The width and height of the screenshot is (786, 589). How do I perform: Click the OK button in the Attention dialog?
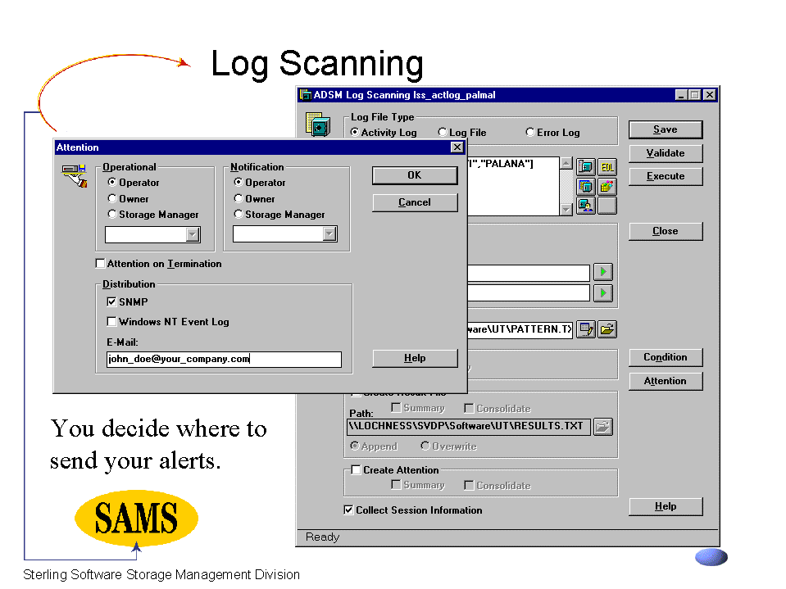pos(414,175)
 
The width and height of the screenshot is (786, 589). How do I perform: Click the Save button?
pos(665,129)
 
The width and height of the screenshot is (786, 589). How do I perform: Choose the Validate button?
pos(665,153)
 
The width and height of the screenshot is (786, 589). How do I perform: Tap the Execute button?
pos(665,176)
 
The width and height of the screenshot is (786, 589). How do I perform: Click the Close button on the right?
pos(665,231)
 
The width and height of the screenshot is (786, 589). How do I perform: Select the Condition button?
pos(665,357)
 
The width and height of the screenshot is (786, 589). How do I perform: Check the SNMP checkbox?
pos(112,301)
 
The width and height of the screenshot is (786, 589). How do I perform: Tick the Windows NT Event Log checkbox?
pos(112,322)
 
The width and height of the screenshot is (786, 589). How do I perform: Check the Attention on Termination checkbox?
pos(101,264)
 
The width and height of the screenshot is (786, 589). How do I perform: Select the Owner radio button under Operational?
pos(112,198)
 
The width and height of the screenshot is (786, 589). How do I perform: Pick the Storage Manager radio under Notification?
pos(239,215)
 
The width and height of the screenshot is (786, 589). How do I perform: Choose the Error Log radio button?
pos(530,133)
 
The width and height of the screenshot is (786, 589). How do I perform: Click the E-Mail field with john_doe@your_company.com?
pos(223,360)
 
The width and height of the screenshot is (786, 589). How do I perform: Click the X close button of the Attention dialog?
pos(457,147)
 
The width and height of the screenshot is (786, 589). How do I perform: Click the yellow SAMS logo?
pos(136,518)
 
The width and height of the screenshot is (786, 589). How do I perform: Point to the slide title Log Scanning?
pos(317,64)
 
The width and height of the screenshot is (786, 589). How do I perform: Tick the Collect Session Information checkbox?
pos(349,510)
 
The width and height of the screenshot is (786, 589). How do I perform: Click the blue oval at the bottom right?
pos(711,557)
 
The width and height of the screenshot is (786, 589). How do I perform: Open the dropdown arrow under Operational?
pos(193,235)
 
